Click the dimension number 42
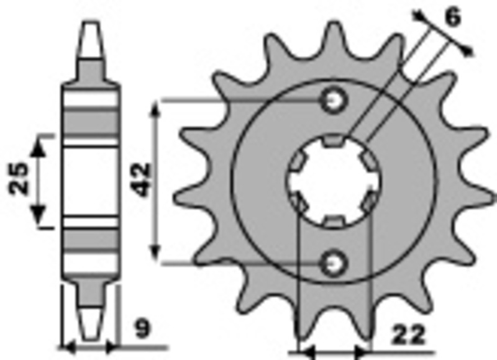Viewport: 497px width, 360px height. pyautogui.click(x=142, y=180)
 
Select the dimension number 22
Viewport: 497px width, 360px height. pyautogui.click(x=408, y=336)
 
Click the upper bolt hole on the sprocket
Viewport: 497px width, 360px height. pyautogui.click(x=334, y=99)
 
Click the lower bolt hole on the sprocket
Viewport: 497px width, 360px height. pyautogui.click(x=334, y=263)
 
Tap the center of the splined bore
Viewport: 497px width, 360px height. pyautogui.click(x=334, y=181)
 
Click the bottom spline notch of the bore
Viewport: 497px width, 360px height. pyautogui.click(x=334, y=221)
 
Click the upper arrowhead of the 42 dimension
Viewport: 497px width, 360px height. pyautogui.click(x=157, y=108)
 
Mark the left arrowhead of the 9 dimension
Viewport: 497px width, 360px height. pyautogui.click(x=67, y=346)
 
